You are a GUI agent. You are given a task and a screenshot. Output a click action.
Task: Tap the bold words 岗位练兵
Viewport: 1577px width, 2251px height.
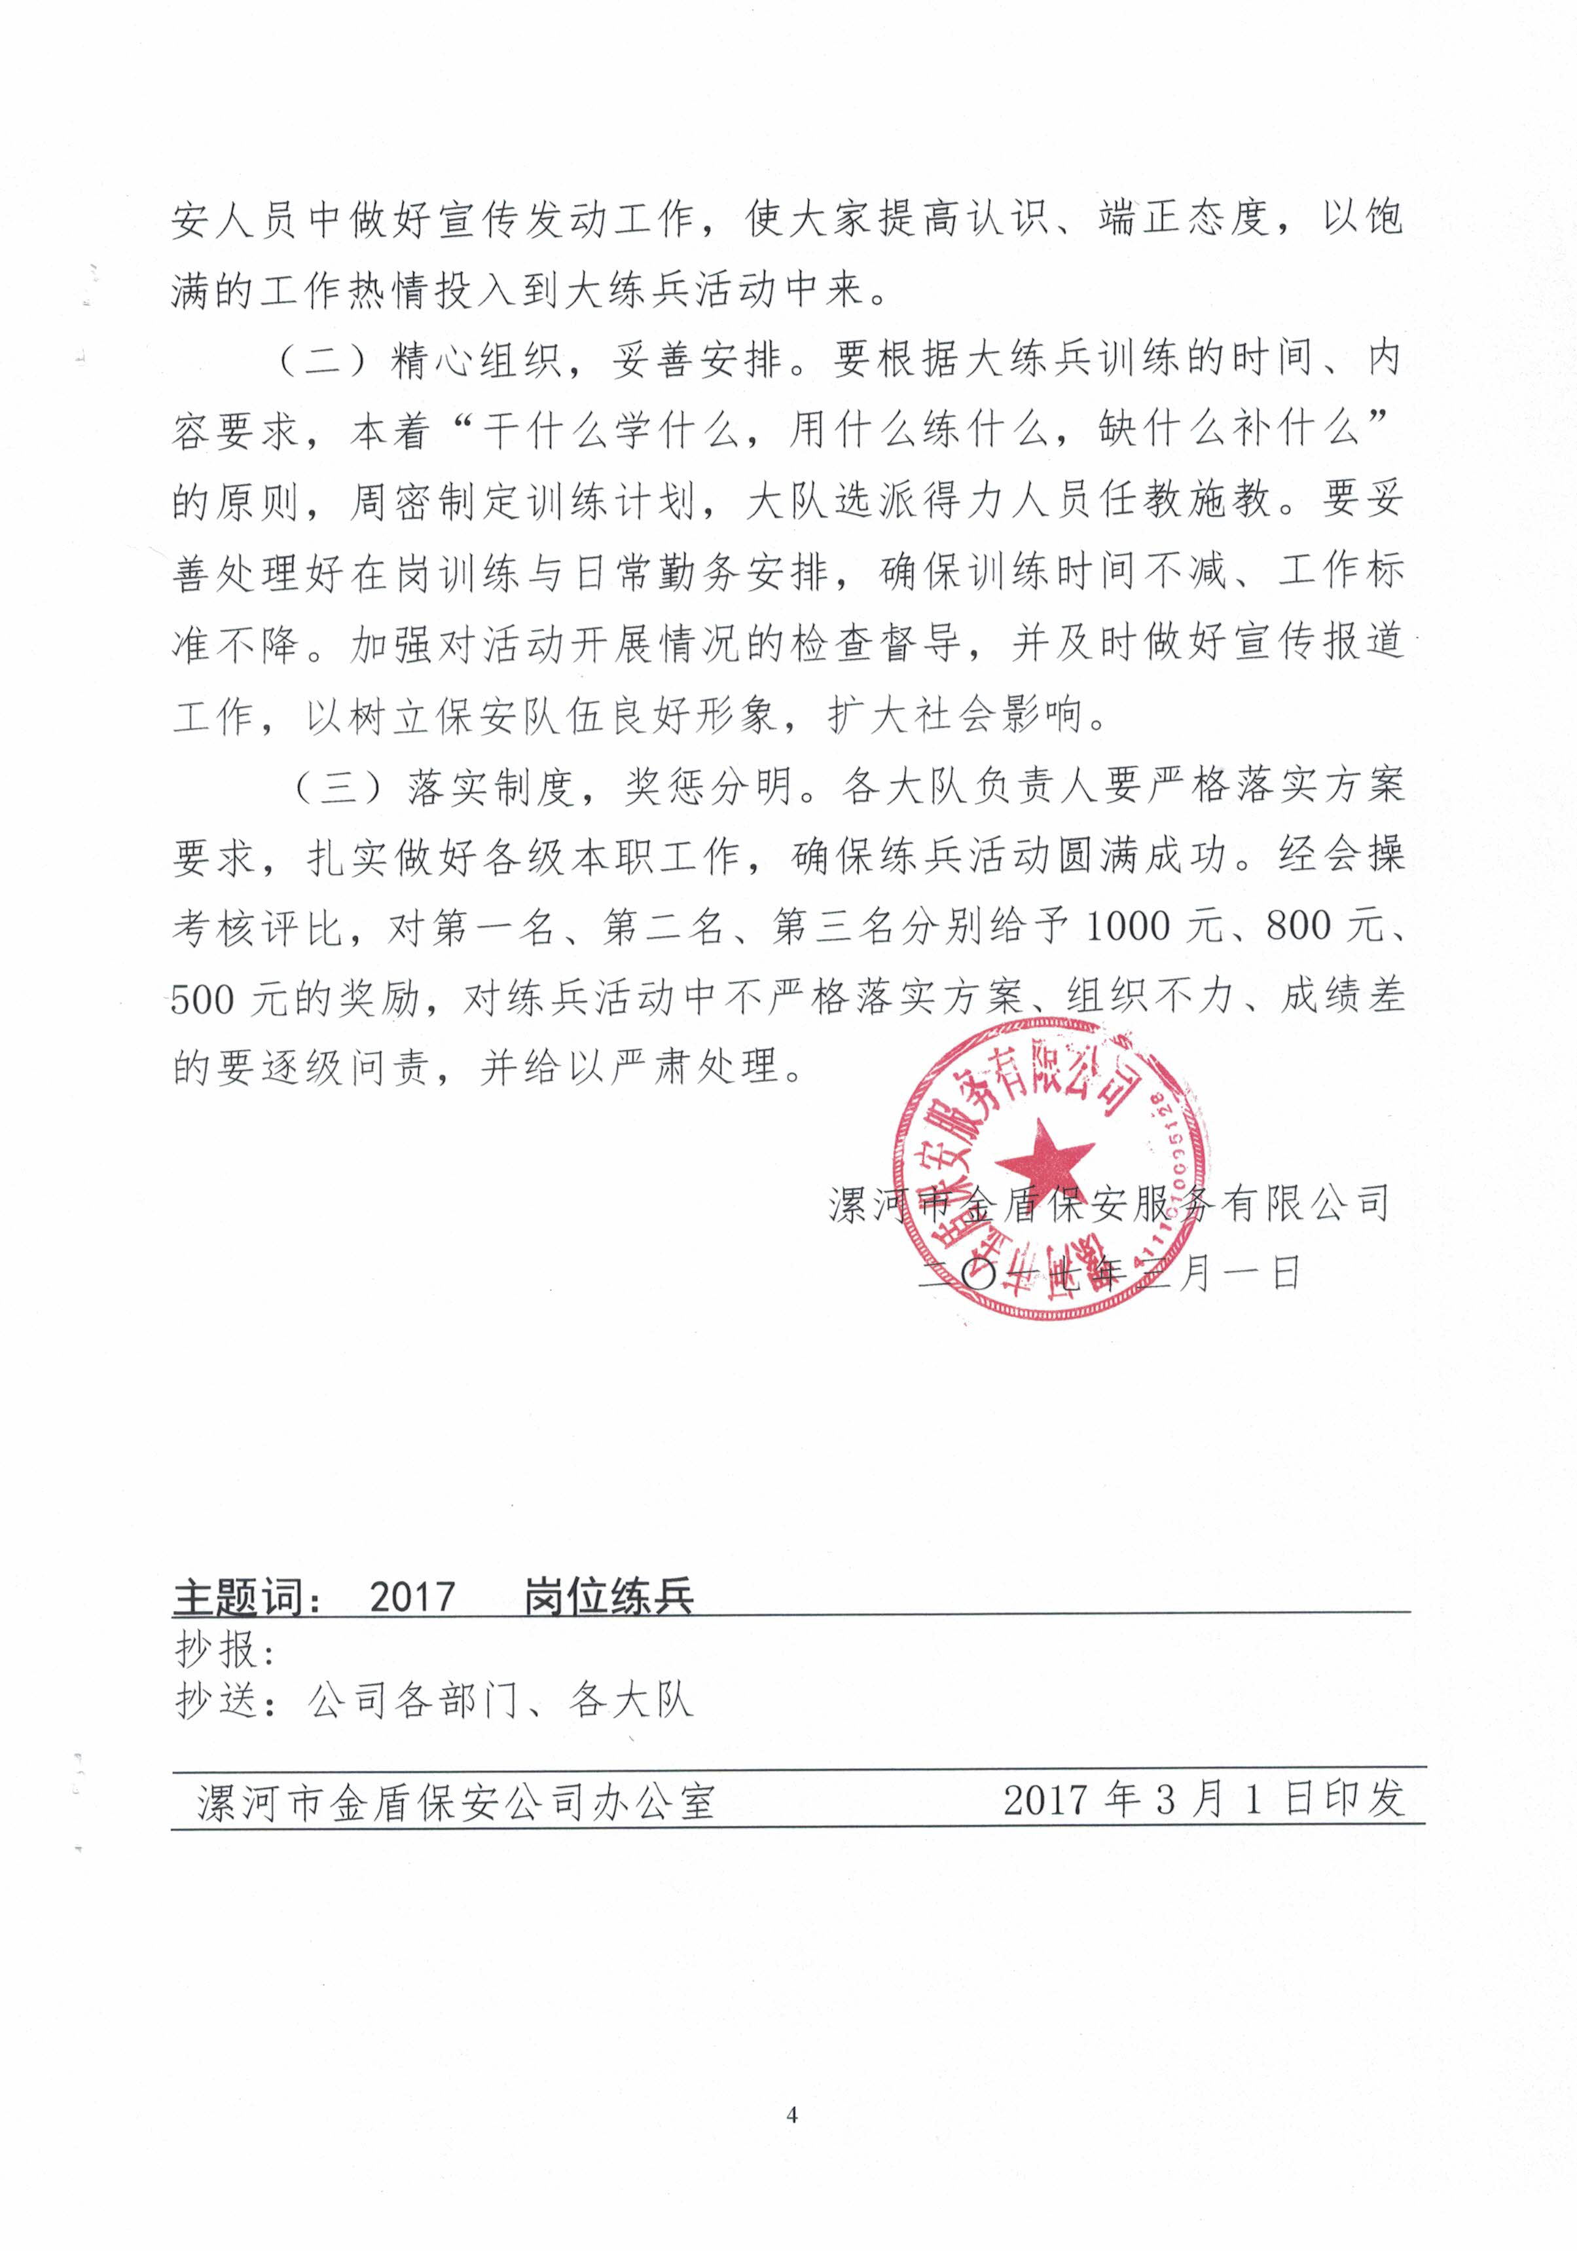(x=607, y=1597)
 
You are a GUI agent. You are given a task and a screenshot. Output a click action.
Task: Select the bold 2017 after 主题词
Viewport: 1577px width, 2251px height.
(x=412, y=1597)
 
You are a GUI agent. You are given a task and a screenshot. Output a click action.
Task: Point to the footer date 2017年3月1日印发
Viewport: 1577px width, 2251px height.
(x=1204, y=1799)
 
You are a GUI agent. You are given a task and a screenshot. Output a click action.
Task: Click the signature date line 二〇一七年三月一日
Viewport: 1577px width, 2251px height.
(x=1108, y=1274)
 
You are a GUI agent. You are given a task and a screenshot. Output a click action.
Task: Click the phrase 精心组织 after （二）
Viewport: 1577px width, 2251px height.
(x=477, y=361)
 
